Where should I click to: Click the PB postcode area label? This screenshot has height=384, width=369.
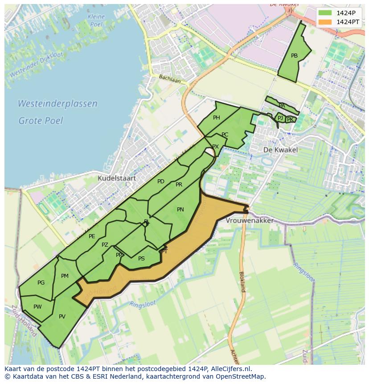[294, 56]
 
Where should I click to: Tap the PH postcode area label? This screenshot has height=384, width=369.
[217, 118]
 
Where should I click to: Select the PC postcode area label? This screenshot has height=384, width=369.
[225, 135]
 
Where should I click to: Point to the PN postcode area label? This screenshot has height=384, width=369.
[180, 209]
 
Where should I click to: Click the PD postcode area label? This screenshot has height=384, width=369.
[161, 182]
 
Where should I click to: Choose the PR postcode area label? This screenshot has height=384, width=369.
[179, 185]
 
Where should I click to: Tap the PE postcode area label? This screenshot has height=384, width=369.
[92, 236]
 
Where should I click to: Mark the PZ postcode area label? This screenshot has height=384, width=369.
[105, 245]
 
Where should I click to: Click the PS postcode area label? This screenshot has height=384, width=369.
[141, 259]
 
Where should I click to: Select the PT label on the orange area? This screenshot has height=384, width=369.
[164, 252]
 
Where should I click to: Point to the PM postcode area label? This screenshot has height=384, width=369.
[65, 276]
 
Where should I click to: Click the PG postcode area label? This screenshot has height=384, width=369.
[41, 283]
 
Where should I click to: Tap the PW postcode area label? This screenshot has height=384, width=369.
[37, 307]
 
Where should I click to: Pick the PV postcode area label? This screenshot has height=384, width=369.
[62, 317]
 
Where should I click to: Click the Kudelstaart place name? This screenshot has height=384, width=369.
[116, 178]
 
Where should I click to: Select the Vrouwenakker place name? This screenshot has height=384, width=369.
[250, 221]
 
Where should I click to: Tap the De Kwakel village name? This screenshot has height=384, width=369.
[280, 150]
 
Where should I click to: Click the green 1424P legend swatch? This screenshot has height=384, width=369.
[325, 12]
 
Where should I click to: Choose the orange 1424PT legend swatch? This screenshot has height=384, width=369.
[325, 21]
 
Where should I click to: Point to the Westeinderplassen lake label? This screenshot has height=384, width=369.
[57, 103]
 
